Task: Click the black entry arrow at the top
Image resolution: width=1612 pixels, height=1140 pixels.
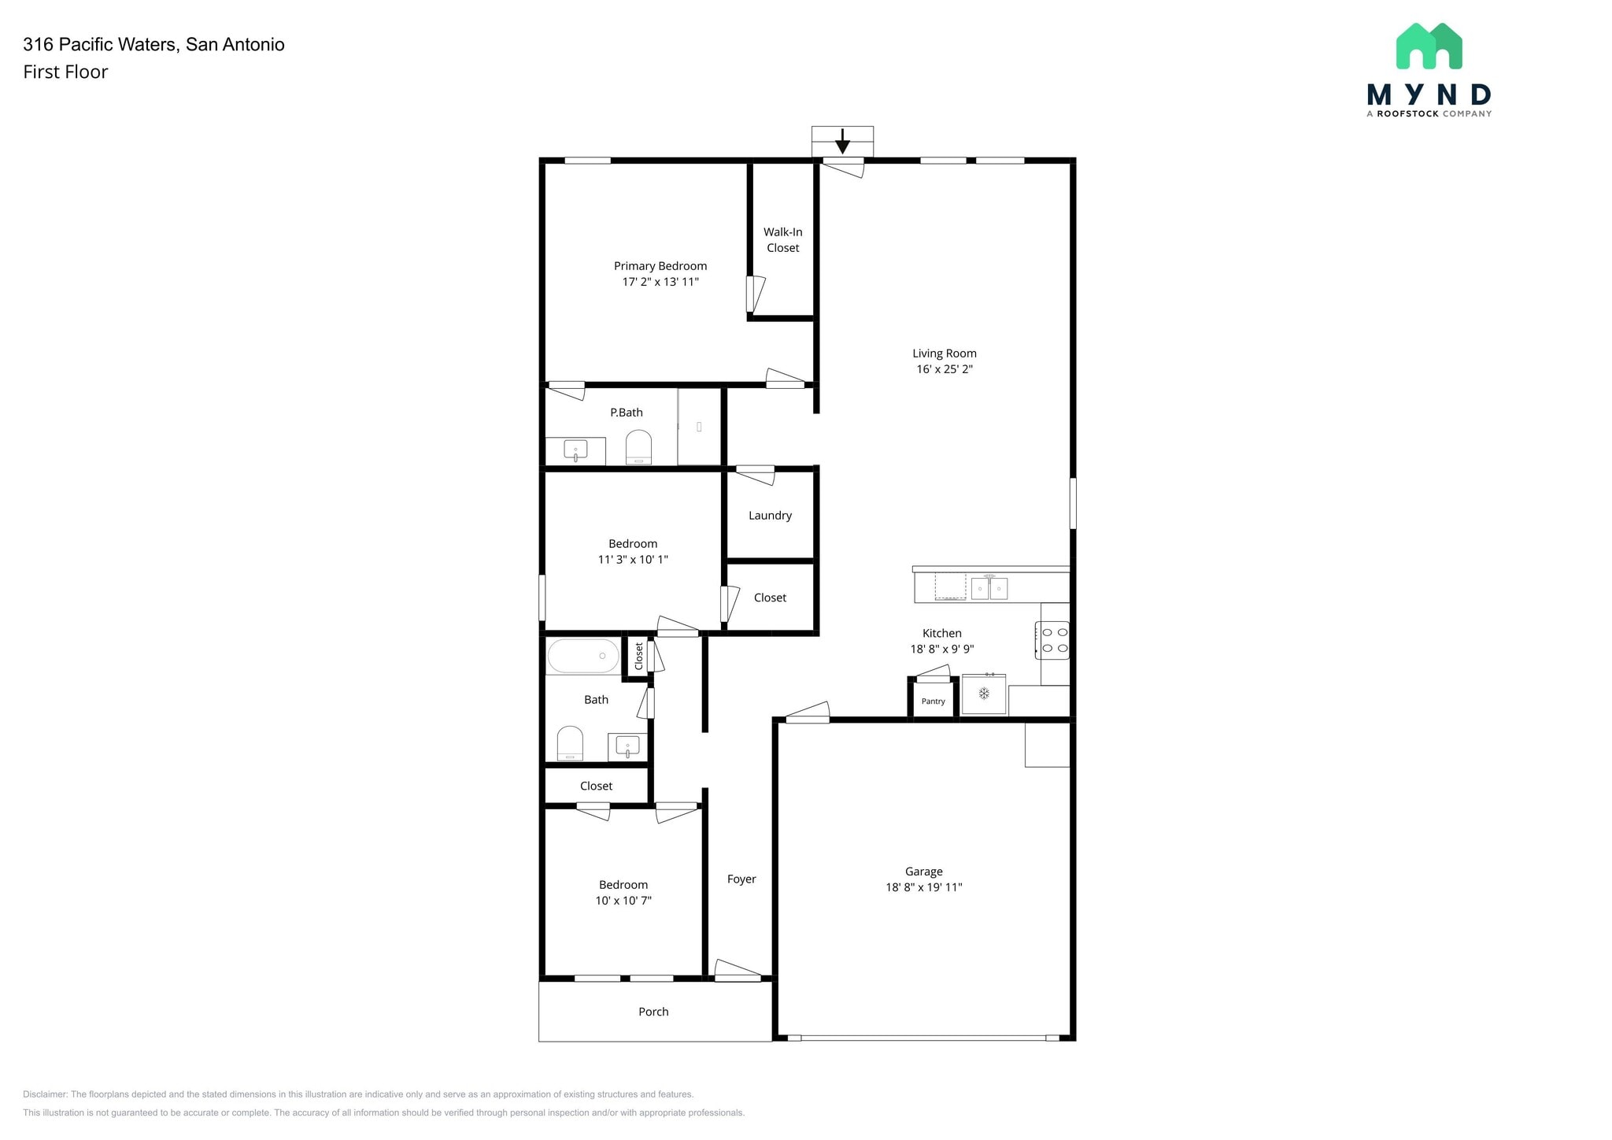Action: (x=842, y=142)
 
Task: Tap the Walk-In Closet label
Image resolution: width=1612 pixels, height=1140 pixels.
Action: (x=782, y=239)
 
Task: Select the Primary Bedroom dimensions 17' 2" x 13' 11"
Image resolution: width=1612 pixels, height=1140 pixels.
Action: (x=660, y=282)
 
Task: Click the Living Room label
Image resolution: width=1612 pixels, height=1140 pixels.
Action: (x=944, y=353)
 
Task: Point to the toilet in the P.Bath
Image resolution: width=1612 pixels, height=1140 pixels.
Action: (x=638, y=447)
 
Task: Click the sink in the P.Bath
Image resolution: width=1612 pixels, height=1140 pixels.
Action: (x=575, y=450)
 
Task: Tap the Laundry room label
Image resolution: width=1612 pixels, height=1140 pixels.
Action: (x=770, y=516)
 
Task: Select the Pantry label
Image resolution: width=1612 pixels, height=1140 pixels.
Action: (x=933, y=701)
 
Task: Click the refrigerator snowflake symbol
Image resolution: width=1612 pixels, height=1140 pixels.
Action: (x=983, y=694)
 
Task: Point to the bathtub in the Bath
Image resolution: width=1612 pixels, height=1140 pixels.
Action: (x=582, y=656)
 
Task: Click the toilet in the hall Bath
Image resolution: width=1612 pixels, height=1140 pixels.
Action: (x=570, y=743)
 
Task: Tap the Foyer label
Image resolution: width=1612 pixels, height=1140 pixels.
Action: (x=741, y=879)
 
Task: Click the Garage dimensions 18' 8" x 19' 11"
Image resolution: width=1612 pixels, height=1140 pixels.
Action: (x=923, y=887)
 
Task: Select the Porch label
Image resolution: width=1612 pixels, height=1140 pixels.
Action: (x=653, y=1012)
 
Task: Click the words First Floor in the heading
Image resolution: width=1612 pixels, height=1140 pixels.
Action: (x=65, y=72)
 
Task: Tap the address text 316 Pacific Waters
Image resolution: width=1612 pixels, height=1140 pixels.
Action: (x=101, y=44)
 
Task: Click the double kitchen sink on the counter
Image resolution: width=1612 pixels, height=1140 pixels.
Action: (x=989, y=588)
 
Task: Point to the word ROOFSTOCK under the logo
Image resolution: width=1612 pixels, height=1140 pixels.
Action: (x=1407, y=113)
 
